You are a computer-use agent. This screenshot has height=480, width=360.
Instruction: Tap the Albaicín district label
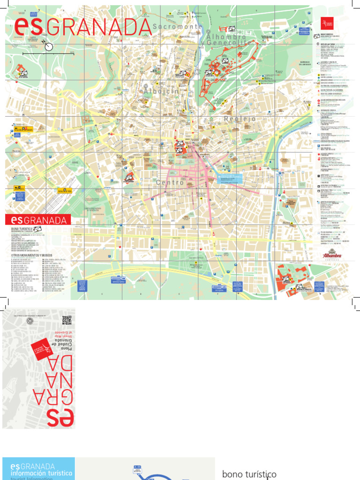[162, 91]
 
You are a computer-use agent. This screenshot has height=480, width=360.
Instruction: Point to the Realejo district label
[240, 119]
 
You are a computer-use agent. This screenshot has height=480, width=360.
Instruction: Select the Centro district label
[170, 182]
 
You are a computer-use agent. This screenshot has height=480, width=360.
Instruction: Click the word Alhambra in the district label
[226, 37]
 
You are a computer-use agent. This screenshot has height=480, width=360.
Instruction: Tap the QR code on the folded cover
[67, 320]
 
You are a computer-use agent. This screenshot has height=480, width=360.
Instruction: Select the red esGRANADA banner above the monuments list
[37, 219]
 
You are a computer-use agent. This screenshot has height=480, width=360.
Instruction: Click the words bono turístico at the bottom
[249, 474]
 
